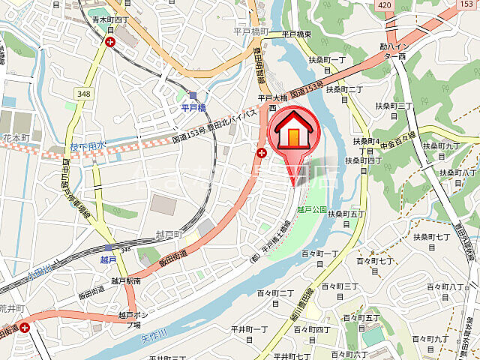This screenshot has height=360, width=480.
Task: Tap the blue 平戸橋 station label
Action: point(193,108)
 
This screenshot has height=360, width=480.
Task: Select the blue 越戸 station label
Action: point(108,259)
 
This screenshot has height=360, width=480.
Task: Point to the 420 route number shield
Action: point(384,4)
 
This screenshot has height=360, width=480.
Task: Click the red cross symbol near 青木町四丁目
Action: point(111,43)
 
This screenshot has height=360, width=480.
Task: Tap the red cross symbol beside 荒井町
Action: point(25,327)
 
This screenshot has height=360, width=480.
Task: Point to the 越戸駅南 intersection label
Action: point(125,280)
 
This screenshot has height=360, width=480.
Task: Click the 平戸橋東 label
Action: point(297,34)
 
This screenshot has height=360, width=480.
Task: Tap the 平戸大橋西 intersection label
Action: point(268,102)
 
